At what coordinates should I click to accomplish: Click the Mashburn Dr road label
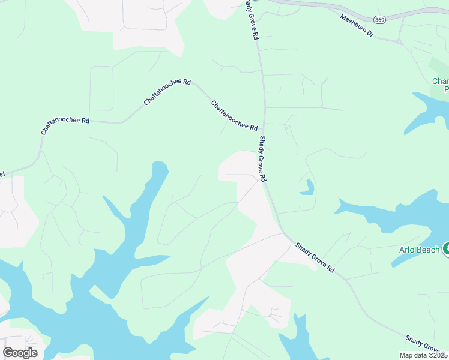tap(357, 26)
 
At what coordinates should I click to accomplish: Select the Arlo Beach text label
tap(419, 249)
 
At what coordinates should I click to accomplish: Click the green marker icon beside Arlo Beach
tap(446, 248)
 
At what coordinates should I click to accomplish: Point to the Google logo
tap(20, 353)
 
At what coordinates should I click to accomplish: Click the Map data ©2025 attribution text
tap(423, 355)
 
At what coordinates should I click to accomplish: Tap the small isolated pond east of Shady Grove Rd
tap(308, 188)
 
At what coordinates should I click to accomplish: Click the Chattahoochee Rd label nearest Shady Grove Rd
tap(234, 115)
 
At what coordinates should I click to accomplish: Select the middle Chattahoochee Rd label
tap(167, 92)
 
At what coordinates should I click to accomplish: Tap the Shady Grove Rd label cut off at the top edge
tap(251, 19)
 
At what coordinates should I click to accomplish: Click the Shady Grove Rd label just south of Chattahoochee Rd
tap(262, 158)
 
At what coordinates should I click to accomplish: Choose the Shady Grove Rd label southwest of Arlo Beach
tap(314, 257)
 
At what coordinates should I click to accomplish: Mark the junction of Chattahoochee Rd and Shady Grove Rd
tap(264, 124)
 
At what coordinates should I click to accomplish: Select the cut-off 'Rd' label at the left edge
tap(2, 175)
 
